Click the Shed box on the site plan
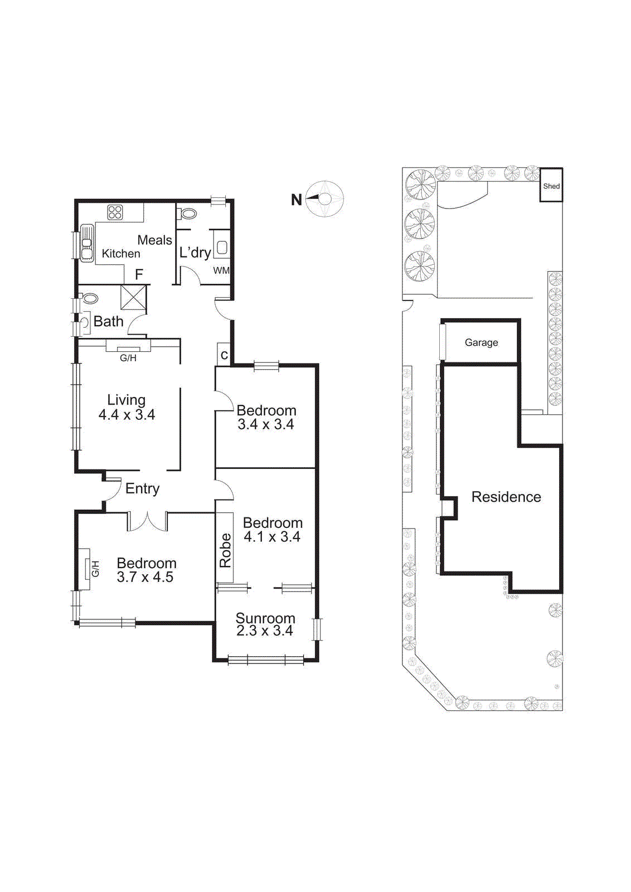click(551, 186)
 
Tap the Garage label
click(481, 342)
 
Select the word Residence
click(506, 497)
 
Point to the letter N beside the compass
click(297, 200)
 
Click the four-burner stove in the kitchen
click(115, 212)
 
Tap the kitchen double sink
click(87, 243)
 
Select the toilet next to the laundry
click(188, 213)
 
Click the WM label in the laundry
click(221, 270)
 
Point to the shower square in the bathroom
click(134, 297)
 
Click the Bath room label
click(108, 321)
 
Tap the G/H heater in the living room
click(128, 350)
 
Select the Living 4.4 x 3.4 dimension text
click(127, 414)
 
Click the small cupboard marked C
click(224, 355)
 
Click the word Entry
click(142, 488)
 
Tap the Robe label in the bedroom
click(225, 550)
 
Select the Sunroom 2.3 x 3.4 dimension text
click(265, 631)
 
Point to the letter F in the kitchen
click(139, 274)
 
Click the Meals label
click(154, 240)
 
